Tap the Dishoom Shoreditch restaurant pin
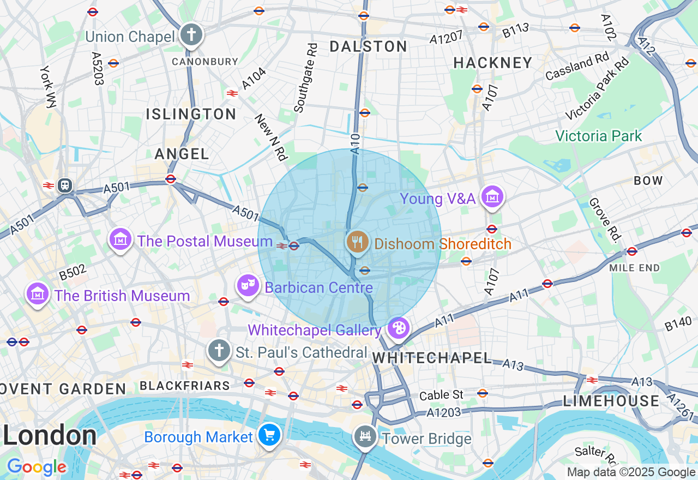(357, 242)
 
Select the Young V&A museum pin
(492, 197)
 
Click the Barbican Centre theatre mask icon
(248, 285)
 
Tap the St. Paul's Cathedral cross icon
(219, 350)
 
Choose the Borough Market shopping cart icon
(269, 435)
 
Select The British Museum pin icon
(38, 294)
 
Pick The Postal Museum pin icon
(121, 239)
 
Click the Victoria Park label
(599, 136)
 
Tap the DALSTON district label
(369, 47)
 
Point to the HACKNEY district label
(493, 63)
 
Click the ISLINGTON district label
(191, 114)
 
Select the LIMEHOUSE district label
(611, 401)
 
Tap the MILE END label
(635, 268)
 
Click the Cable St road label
(441, 394)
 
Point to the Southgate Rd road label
(305, 78)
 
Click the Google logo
(37, 467)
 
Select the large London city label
(50, 436)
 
